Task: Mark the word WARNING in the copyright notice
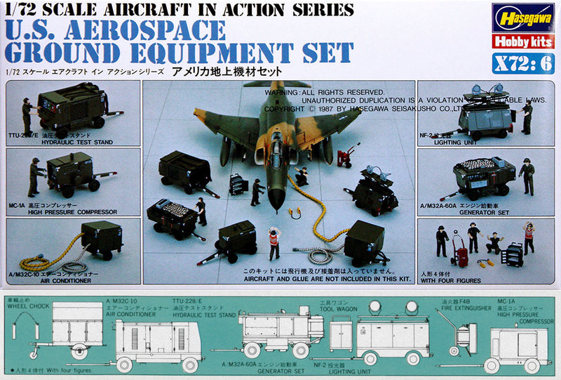coord(281,92)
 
